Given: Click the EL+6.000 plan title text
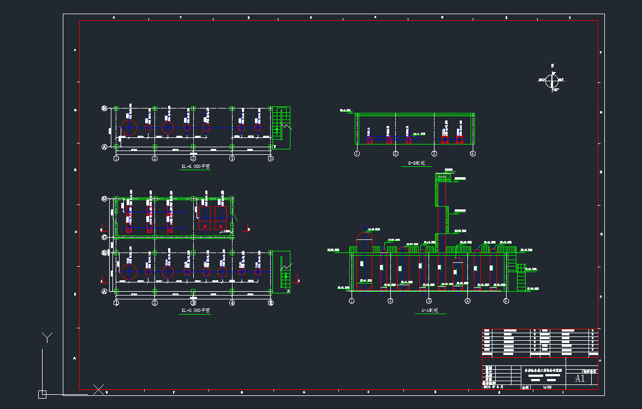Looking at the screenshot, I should coord(195,166).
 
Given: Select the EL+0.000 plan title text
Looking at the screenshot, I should coord(195,310).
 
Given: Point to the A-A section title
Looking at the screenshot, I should coord(430,311).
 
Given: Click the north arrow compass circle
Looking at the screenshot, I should coord(552,81).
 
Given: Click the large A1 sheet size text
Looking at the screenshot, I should coord(580,378).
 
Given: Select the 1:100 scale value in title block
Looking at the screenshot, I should coord(547,387).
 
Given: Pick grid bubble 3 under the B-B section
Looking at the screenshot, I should coord(434,154).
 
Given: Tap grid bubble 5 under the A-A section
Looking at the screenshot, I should coord(506,300).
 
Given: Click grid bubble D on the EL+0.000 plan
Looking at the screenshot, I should coord(104,199).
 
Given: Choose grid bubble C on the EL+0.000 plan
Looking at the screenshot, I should coord(104,237).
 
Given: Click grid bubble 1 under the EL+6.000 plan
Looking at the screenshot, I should coord(116,159).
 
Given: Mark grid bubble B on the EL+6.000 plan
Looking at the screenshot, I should coord(104,108).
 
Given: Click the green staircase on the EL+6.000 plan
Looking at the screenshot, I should coord(282,123).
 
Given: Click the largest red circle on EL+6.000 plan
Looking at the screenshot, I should coord(129,128).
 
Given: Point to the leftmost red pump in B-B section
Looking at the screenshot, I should coord(370,140).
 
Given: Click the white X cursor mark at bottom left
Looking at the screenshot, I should coord(98,389).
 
